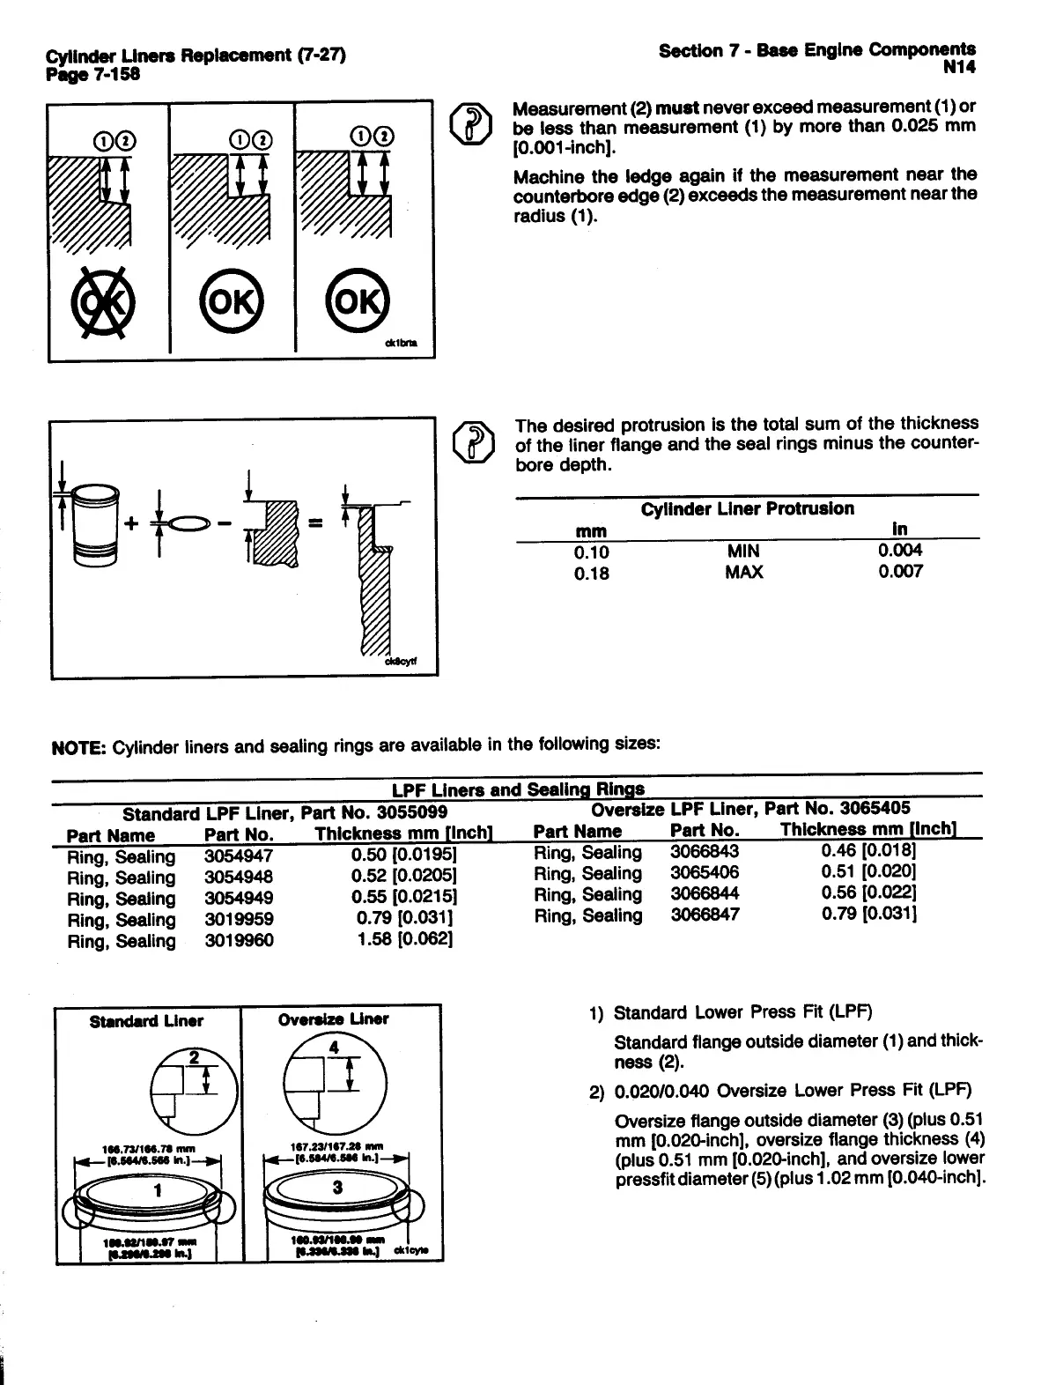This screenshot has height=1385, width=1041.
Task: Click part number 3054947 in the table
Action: [x=238, y=856]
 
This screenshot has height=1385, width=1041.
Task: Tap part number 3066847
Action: [x=705, y=915]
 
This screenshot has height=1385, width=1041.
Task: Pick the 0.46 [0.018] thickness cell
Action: [x=869, y=851]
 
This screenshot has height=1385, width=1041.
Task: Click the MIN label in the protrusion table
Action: [x=743, y=551]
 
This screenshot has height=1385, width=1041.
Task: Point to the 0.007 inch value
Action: [x=900, y=572]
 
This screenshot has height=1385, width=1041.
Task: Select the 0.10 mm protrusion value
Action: [x=591, y=552]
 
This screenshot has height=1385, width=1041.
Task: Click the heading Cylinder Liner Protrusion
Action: [x=747, y=508]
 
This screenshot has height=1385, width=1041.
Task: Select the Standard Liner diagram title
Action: [x=146, y=1021]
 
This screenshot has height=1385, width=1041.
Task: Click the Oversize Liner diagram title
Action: [x=333, y=1019]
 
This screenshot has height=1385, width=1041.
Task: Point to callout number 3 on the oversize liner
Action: [x=336, y=1188]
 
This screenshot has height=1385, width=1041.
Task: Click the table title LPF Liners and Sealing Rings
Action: [x=518, y=789]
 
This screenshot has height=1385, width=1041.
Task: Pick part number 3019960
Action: [x=238, y=941]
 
